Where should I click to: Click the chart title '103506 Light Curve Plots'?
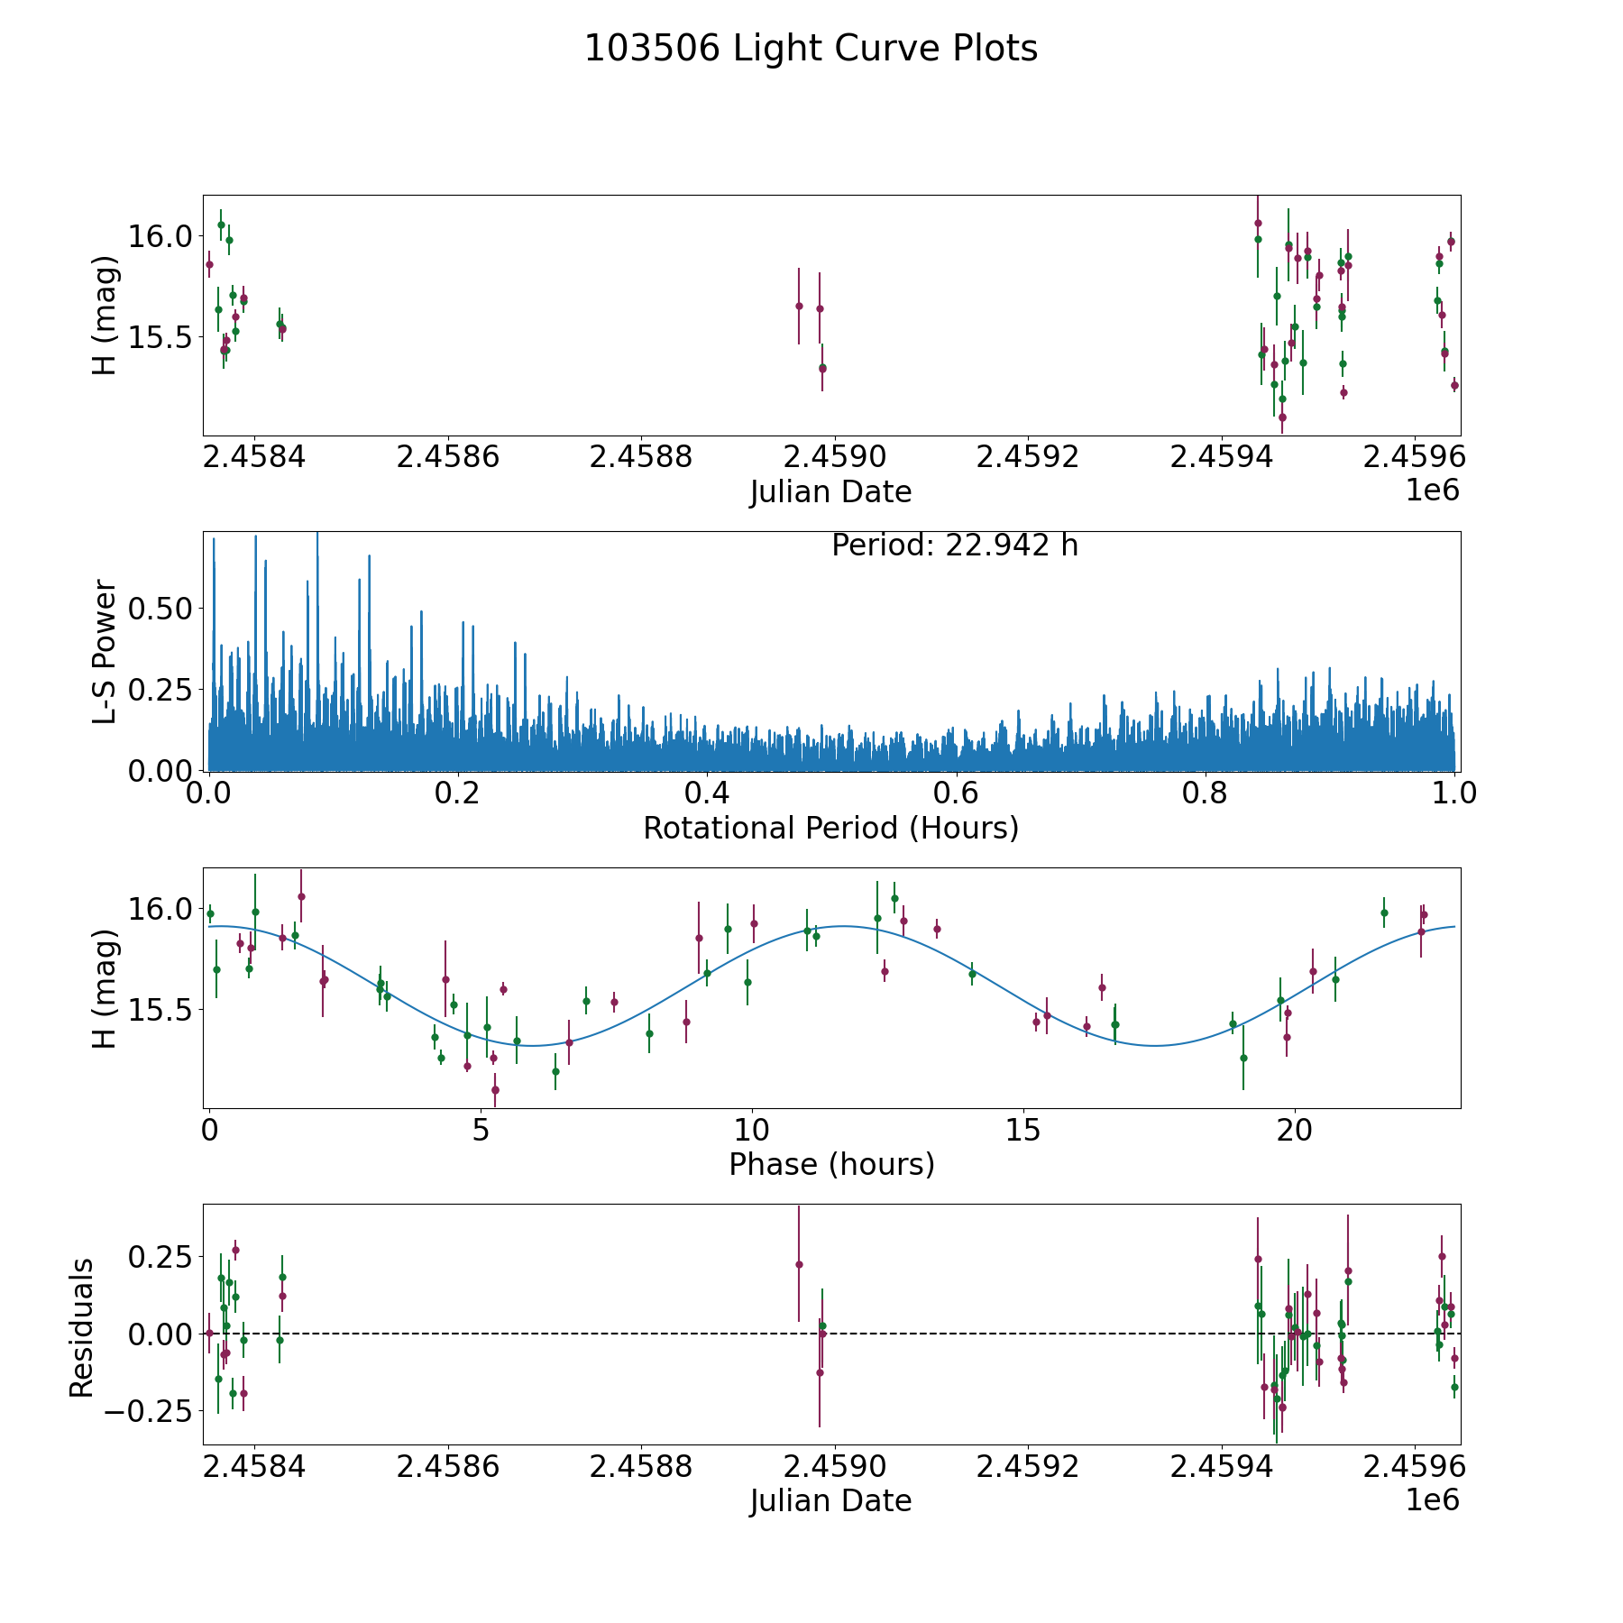click(811, 49)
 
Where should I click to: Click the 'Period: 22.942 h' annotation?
click(954, 546)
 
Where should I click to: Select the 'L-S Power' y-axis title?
click(105, 651)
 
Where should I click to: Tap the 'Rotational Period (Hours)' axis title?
click(830, 828)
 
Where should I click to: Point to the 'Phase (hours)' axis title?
click(831, 1164)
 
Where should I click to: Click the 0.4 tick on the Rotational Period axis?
click(707, 793)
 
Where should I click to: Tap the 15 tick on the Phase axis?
click(1023, 1130)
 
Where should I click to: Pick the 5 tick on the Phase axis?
click(481, 1130)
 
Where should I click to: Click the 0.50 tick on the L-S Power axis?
click(160, 609)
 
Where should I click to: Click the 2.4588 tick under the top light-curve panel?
click(641, 457)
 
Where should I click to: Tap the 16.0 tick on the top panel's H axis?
click(160, 237)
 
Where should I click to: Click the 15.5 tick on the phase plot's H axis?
click(160, 1010)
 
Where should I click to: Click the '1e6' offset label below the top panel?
click(1433, 491)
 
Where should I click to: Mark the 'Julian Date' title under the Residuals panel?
click(830, 1500)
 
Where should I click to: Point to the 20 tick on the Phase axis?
click(1295, 1130)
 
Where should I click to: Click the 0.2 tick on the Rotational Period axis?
click(458, 793)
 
